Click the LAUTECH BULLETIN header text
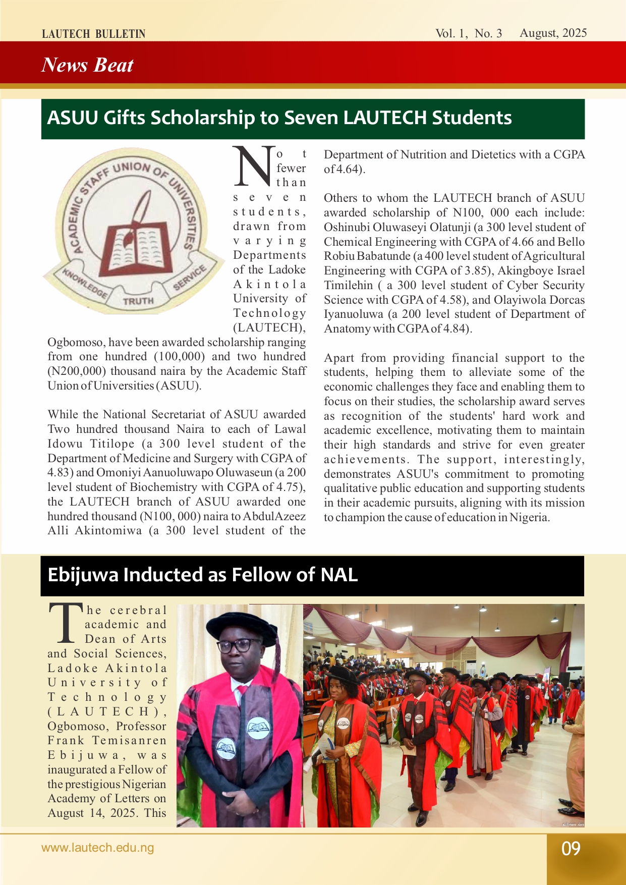pos(93,34)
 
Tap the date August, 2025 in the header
pos(553,33)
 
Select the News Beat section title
pos(87,65)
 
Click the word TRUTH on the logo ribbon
pos(138,301)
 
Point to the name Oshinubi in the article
pos(347,228)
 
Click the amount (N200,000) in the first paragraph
pos(77,371)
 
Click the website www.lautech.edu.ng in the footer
pos(97,848)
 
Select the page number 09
pos(571,849)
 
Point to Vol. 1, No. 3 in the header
pos(469,33)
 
